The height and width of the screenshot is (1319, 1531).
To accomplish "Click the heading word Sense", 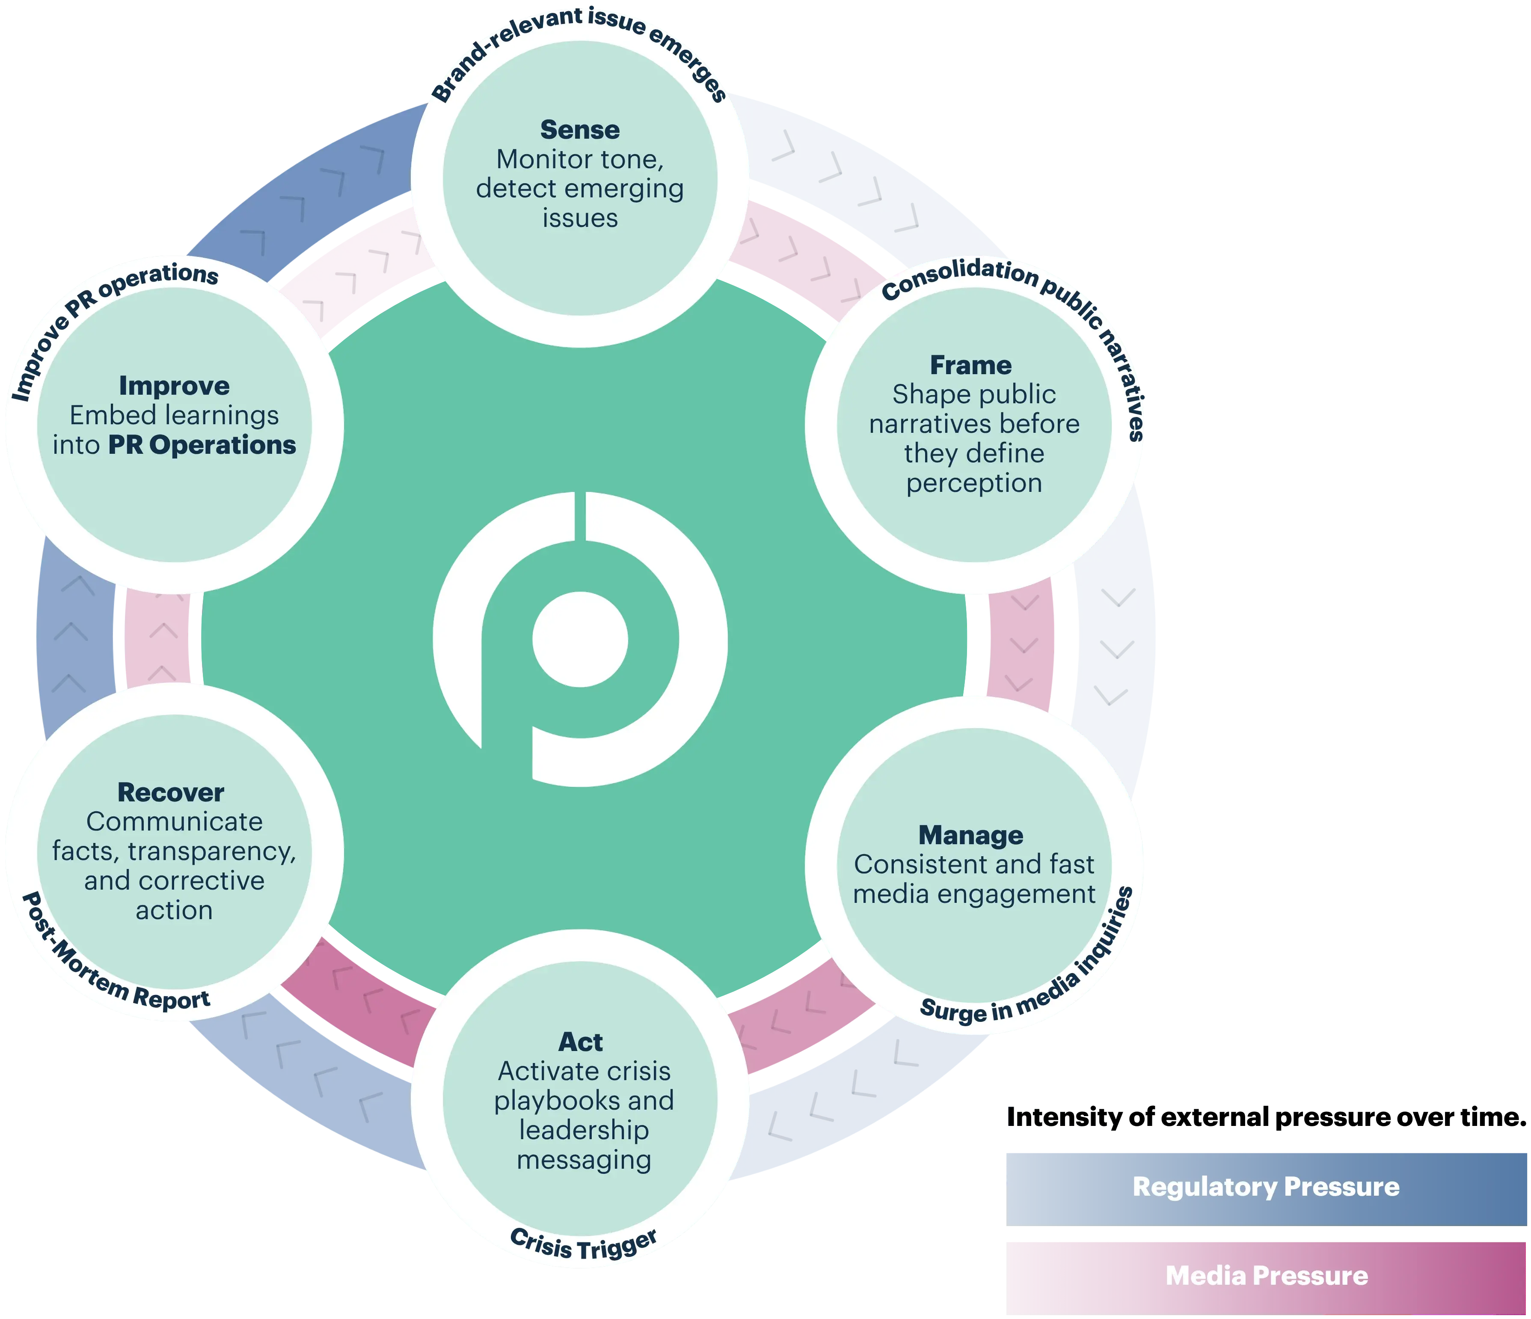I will point(580,130).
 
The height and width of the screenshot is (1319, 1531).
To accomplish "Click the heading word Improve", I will point(175,386).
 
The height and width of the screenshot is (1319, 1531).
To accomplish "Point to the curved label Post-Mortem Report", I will point(111,961).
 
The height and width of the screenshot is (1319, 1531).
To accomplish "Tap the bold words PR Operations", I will point(202,445).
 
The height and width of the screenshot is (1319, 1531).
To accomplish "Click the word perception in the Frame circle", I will point(974,483).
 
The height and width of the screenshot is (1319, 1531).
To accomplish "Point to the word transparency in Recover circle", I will point(211,852).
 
